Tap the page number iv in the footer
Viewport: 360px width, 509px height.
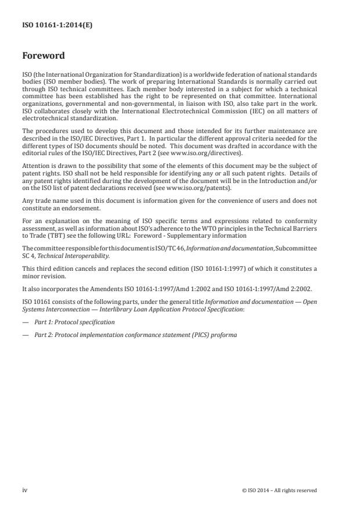[x=24, y=490]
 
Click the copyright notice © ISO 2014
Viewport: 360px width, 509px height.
[x=279, y=490]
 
